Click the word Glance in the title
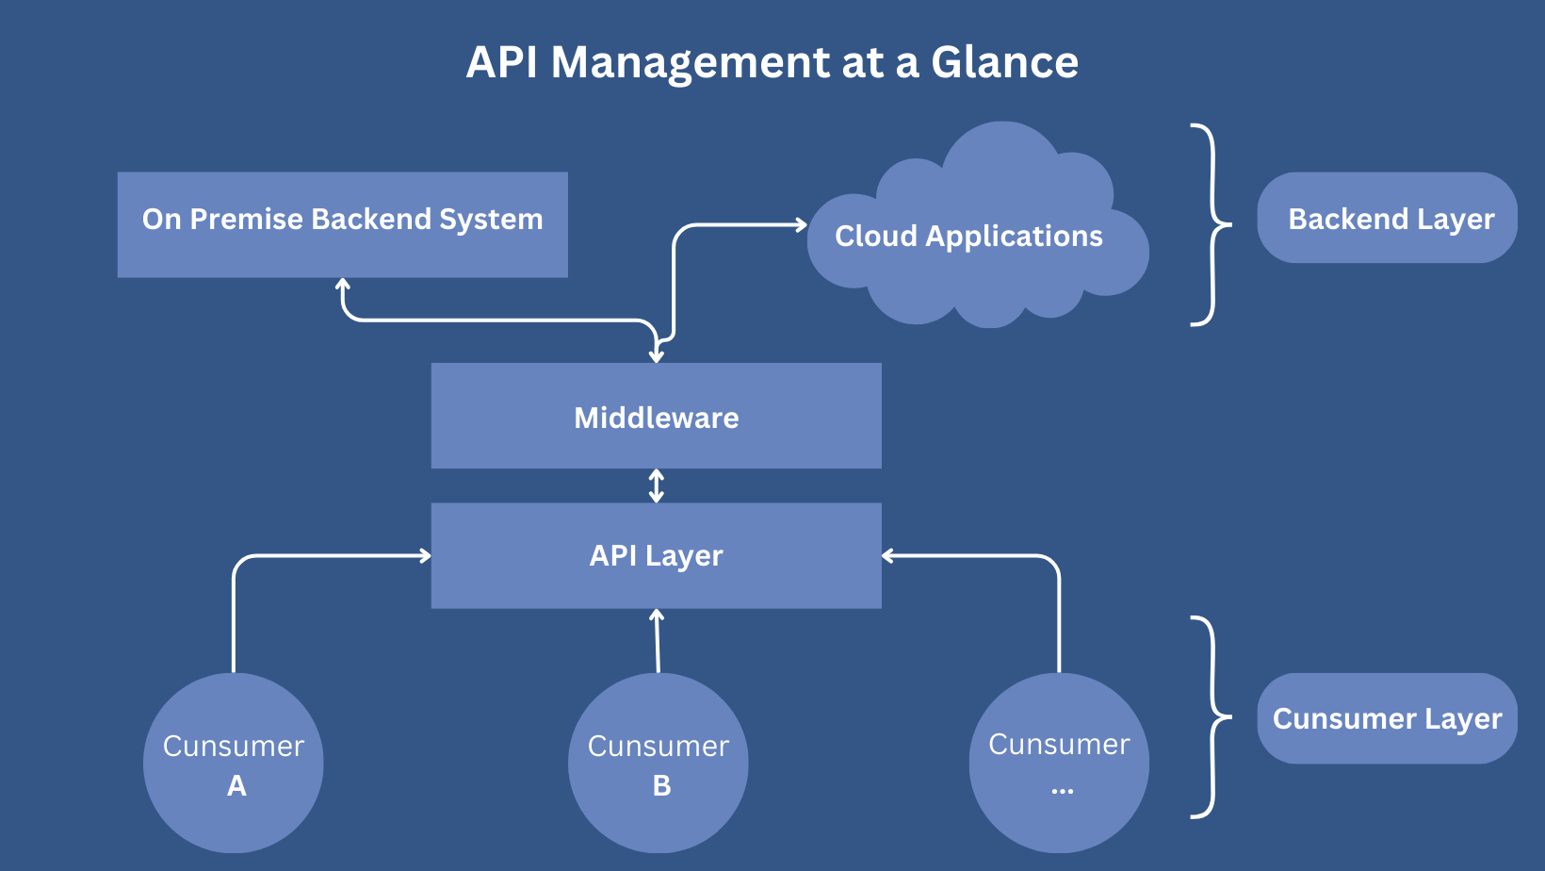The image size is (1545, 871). click(x=1004, y=63)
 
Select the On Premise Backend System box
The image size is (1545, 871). click(x=342, y=224)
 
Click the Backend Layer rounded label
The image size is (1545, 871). click(x=1387, y=218)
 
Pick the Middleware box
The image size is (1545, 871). click(x=656, y=416)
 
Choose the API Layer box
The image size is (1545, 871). click(x=656, y=555)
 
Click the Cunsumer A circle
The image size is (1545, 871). click(x=234, y=763)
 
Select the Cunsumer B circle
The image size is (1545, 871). click(x=658, y=763)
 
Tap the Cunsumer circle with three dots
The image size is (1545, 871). click(x=1059, y=763)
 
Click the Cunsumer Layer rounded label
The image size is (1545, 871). click(x=1387, y=718)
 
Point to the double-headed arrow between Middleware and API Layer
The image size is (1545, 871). click(x=657, y=485)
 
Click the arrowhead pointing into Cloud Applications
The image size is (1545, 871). click(x=801, y=224)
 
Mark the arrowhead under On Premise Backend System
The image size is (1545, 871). click(x=343, y=284)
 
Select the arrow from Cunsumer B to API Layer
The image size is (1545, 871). click(x=658, y=641)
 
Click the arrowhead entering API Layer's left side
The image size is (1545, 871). click(x=425, y=556)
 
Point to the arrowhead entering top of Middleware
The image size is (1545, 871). click(x=657, y=356)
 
